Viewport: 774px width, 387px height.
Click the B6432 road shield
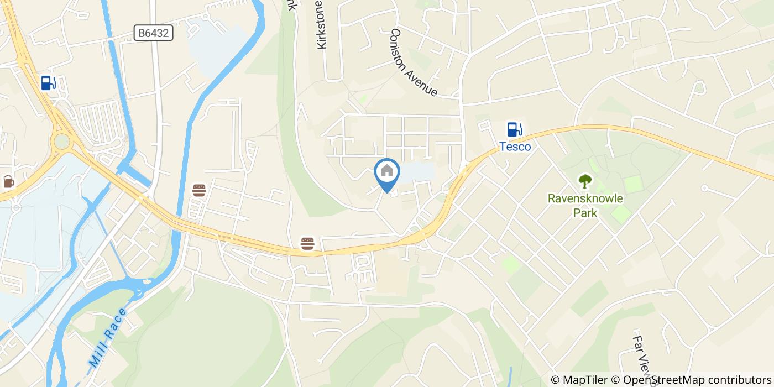click(x=154, y=34)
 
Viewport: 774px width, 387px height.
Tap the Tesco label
click(x=515, y=147)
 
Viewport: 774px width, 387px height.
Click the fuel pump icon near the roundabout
click(x=49, y=83)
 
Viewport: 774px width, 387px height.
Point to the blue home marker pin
click(x=388, y=173)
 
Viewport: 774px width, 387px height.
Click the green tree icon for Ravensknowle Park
click(x=584, y=181)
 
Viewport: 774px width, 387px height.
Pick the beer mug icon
click(x=8, y=181)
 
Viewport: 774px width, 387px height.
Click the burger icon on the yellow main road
click(x=307, y=243)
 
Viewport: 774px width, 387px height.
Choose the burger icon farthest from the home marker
click(x=199, y=191)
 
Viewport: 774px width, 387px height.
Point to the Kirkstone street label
click(x=322, y=25)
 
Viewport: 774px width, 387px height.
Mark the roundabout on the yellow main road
click(x=61, y=142)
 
